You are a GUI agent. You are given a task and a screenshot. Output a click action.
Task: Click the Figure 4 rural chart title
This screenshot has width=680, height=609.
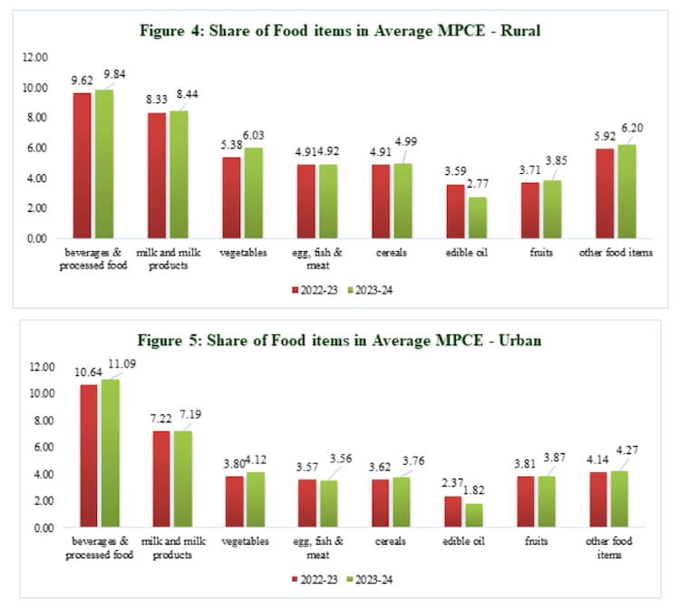pos(340,30)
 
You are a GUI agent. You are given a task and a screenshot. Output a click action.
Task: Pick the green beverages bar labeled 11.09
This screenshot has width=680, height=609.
pos(110,453)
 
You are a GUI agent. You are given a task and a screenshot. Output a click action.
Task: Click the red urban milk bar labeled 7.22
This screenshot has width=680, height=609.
pos(161,478)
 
